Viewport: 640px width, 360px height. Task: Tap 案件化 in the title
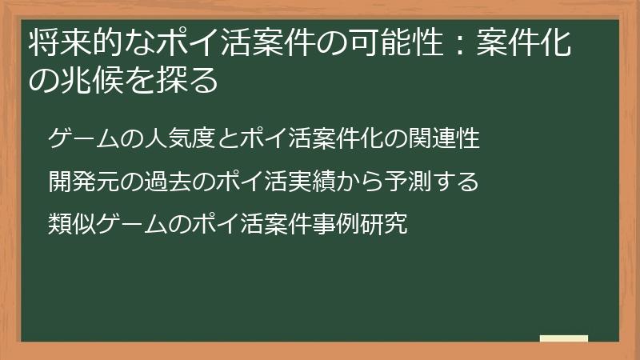point(523,44)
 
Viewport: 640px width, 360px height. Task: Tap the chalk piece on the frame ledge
point(564,338)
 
